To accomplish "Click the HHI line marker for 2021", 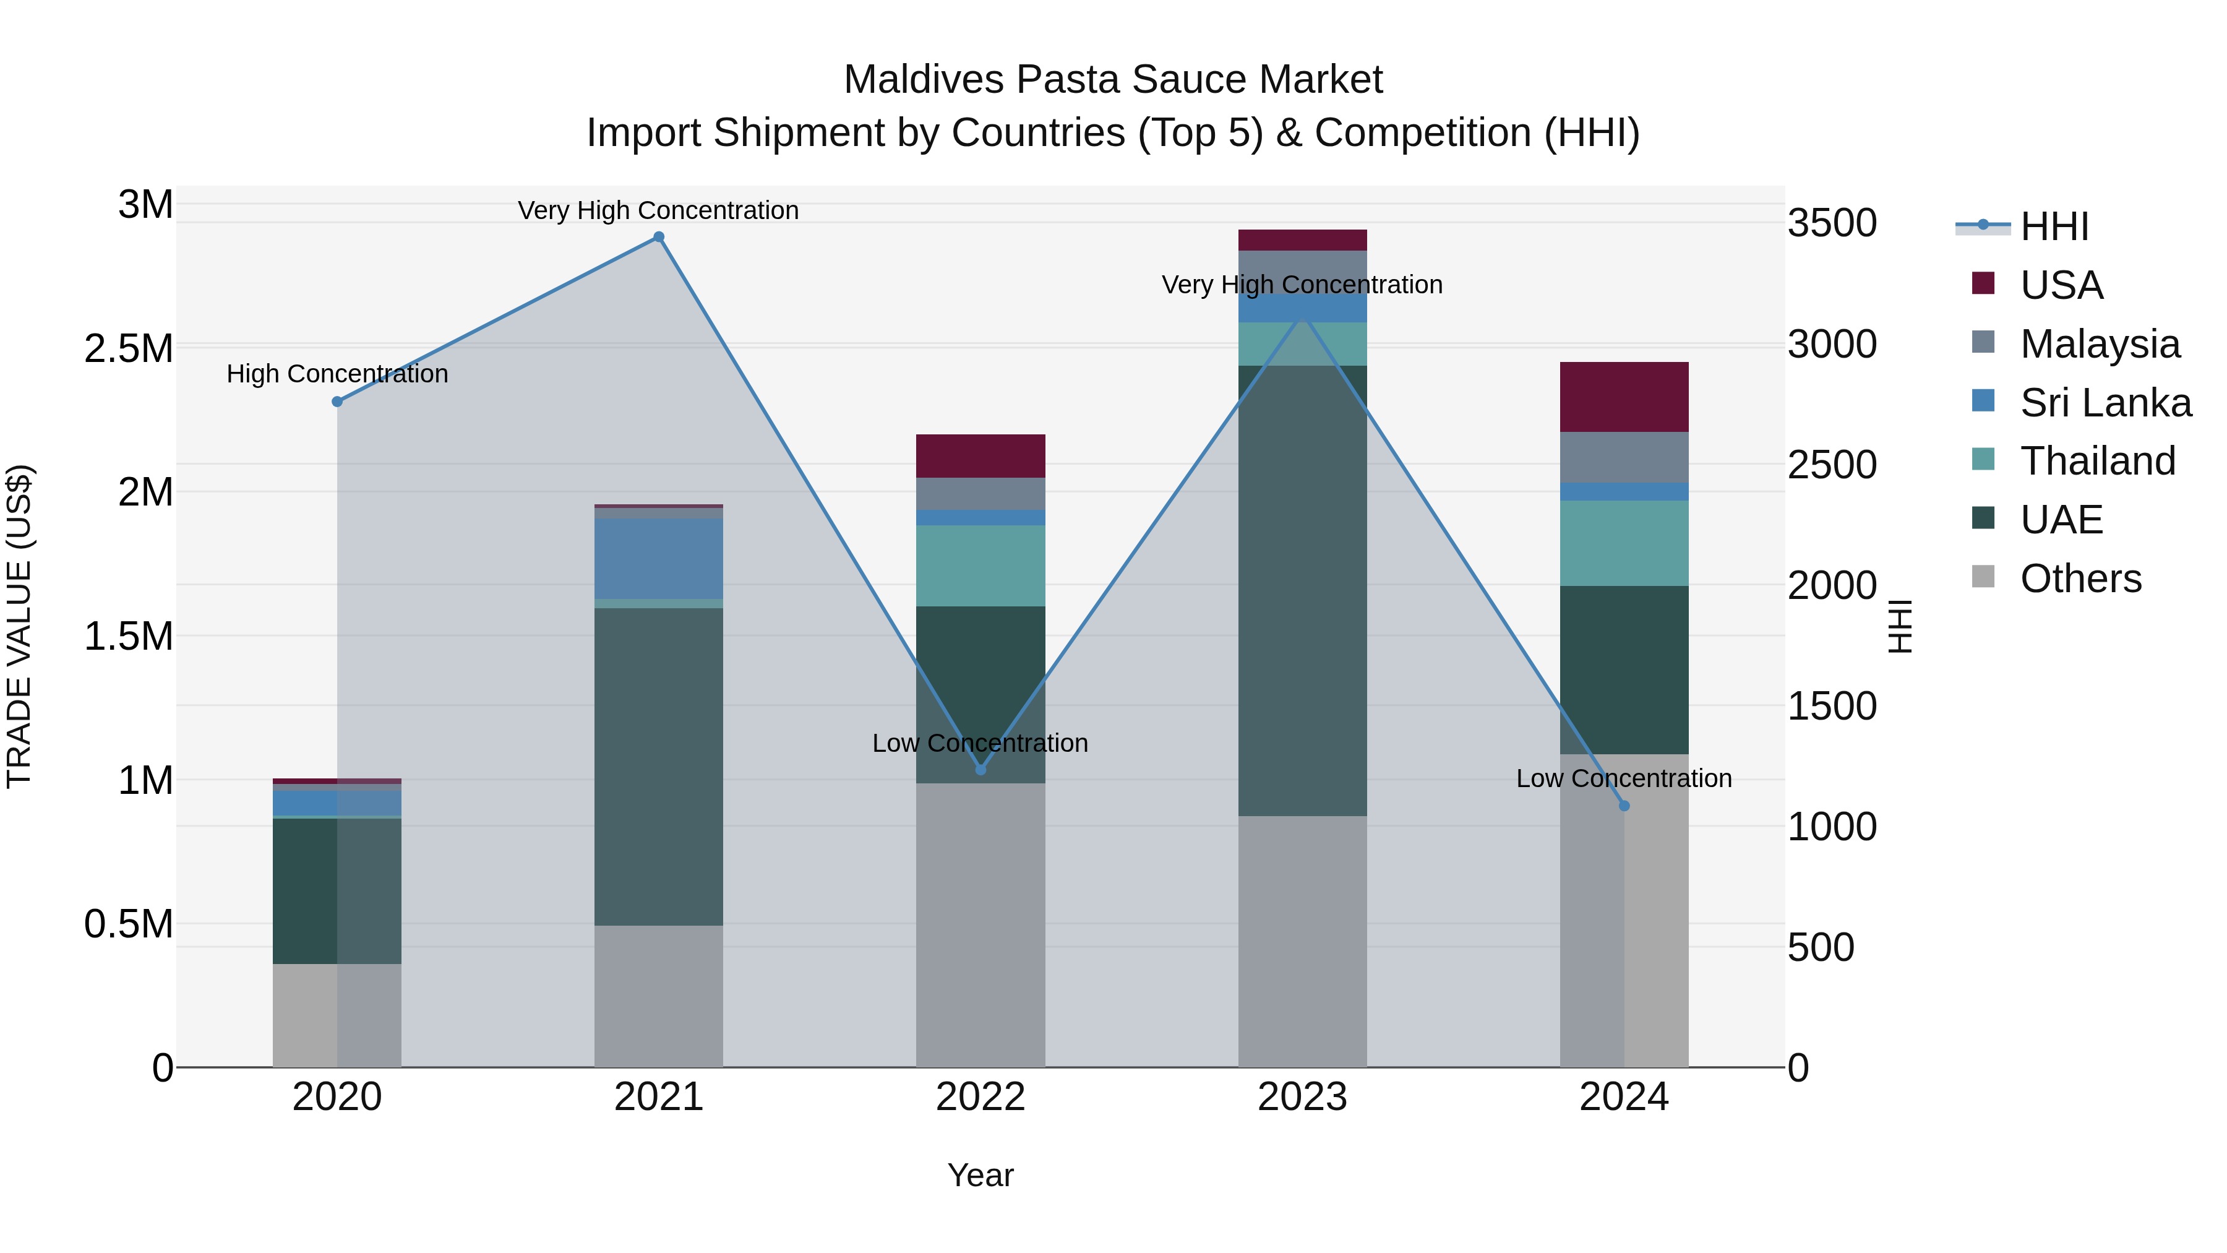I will point(659,237).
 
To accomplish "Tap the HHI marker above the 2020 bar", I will point(337,401).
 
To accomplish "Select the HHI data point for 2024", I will point(1624,806).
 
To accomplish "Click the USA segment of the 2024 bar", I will point(1624,397).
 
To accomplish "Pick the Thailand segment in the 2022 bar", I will point(980,566).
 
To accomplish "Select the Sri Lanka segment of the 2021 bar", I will point(659,559).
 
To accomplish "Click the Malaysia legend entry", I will point(2099,344).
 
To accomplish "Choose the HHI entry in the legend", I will point(2054,226).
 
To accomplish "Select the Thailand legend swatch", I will point(1983,459).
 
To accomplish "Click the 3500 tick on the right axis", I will point(1832,223).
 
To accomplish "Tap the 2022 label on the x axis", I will point(980,1097).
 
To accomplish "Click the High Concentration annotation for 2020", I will point(337,374).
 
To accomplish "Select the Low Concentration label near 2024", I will point(1624,778).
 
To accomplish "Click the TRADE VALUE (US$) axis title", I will point(19,626).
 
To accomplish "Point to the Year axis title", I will point(980,1175).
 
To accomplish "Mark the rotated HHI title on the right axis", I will point(1899,626).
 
